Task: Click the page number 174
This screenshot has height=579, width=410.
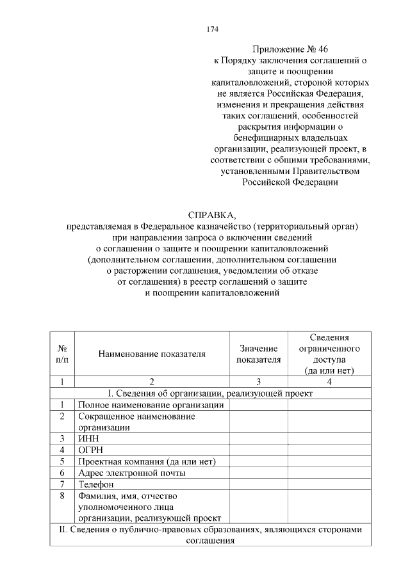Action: pos(213,29)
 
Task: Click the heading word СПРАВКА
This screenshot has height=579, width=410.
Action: pos(213,215)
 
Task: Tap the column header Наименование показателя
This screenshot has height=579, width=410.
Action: pos(152,354)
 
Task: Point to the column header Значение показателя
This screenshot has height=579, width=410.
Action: pos(258,354)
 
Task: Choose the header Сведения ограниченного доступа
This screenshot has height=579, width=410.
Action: pos(329,354)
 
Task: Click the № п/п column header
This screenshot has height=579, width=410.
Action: pos(62,354)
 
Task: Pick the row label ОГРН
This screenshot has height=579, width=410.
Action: pos(90,450)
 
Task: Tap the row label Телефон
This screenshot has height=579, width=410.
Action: pos(95,485)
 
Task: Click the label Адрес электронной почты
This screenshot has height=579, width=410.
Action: pos(132,473)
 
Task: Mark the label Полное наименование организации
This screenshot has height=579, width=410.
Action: pos(151,405)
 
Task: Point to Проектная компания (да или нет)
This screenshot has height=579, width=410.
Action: pos(146,462)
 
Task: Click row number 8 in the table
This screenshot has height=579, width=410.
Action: pos(62,496)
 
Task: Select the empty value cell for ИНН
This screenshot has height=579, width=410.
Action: pos(258,439)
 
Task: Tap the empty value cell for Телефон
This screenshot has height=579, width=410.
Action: pos(258,485)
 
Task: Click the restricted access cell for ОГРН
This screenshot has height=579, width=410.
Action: pos(329,450)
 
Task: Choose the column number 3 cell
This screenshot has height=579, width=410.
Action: pos(258,382)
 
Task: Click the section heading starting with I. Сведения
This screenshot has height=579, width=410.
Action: pos(212,393)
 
